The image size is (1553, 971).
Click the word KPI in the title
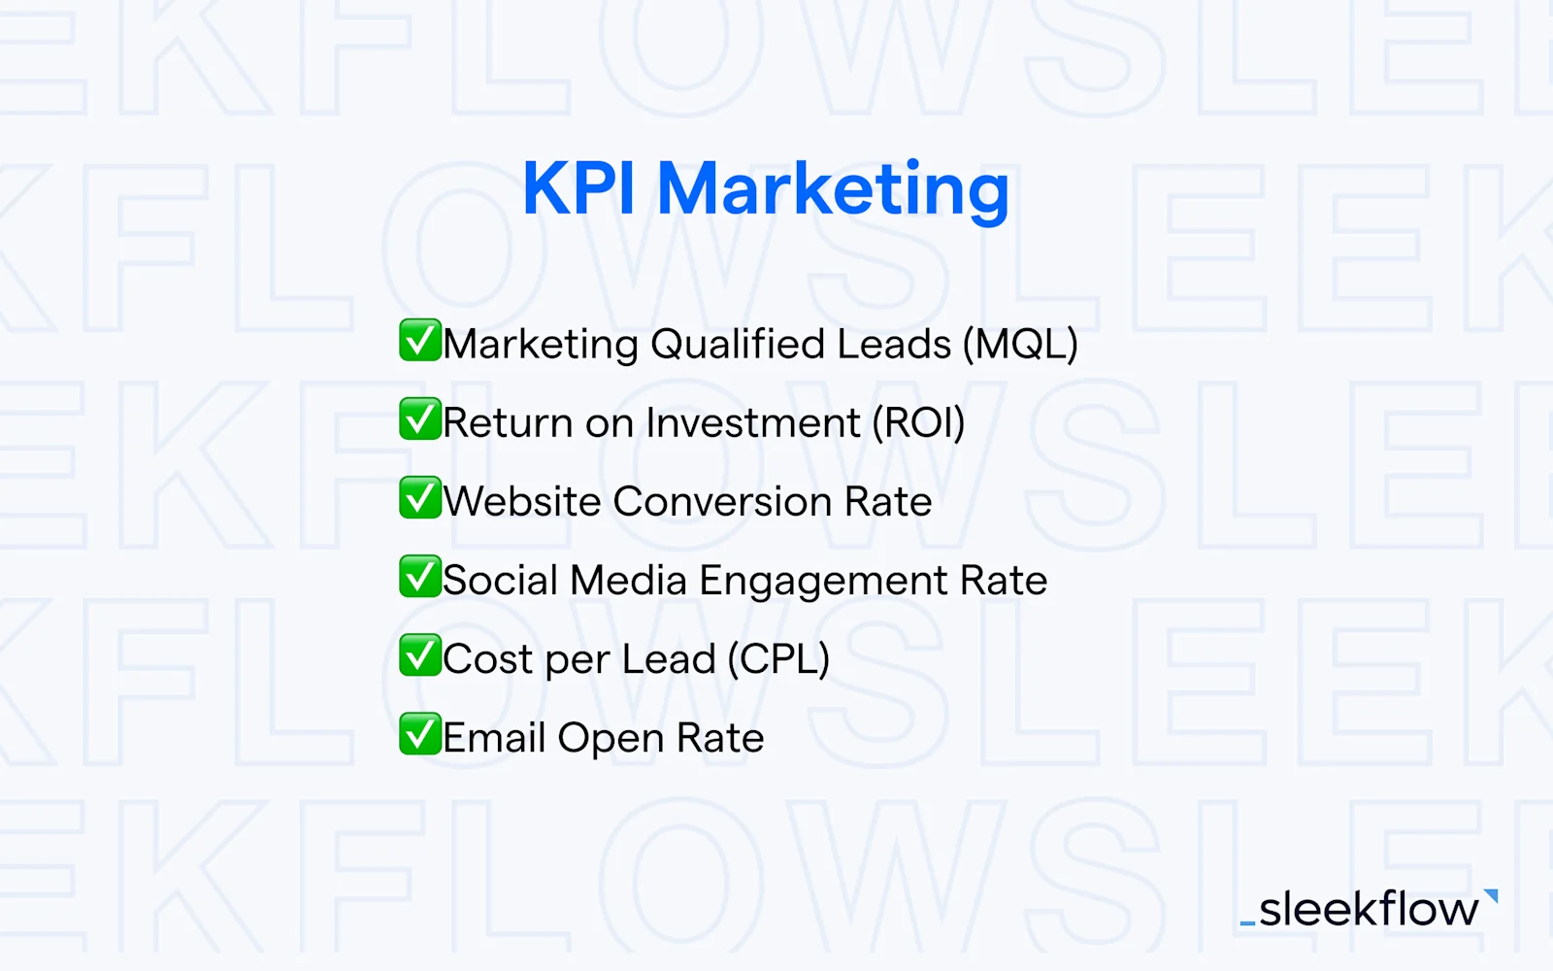pyautogui.click(x=578, y=188)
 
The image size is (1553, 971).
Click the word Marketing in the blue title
pyautogui.click(x=833, y=190)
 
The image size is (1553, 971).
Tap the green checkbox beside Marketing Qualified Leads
pyautogui.click(x=420, y=341)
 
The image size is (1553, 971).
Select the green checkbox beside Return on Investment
pyautogui.click(x=420, y=419)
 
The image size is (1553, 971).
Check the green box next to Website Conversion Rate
pyautogui.click(x=420, y=498)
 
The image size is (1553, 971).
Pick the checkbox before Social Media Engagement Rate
pyautogui.click(x=420, y=577)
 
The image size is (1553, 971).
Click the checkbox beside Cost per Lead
pyautogui.click(x=420, y=655)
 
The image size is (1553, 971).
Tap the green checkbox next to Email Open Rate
pyautogui.click(x=420, y=734)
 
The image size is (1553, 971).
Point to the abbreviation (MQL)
pyautogui.click(x=1020, y=345)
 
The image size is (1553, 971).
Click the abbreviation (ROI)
pyautogui.click(x=918, y=423)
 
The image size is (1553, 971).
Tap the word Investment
pyautogui.click(x=753, y=423)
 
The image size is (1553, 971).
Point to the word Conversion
pyautogui.click(x=722, y=502)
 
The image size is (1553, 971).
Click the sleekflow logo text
pyautogui.click(x=1369, y=910)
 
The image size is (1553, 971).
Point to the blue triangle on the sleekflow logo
pyautogui.click(x=1492, y=895)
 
